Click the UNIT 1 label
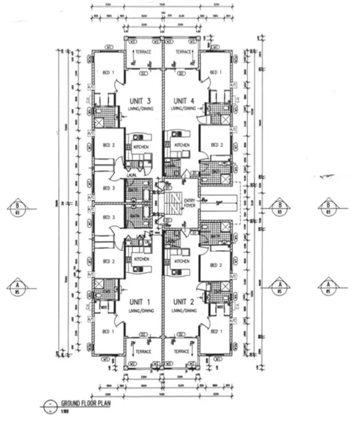click(x=141, y=301)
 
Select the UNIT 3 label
click(x=141, y=101)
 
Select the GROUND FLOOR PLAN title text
click(x=85, y=403)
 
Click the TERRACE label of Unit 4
click(x=183, y=52)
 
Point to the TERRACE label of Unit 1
click(x=143, y=352)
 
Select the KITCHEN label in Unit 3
click(x=141, y=146)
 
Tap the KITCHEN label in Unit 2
click(x=182, y=261)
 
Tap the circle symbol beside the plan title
click(x=48, y=405)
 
